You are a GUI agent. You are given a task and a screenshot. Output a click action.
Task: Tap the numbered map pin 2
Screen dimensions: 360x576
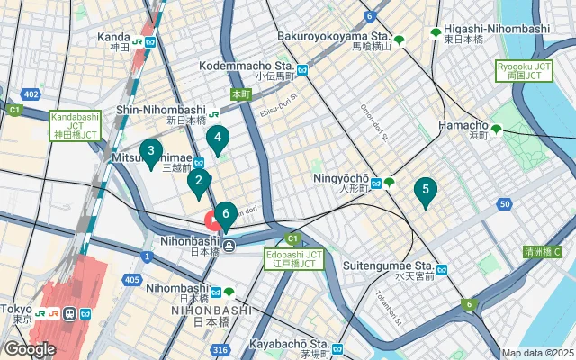[x=198, y=183]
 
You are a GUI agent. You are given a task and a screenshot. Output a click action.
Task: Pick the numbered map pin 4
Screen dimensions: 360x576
[x=217, y=139]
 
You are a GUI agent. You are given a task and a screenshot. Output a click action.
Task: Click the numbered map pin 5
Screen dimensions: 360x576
[x=425, y=191]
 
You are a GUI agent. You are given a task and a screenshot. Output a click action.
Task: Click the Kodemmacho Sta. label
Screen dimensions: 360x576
[x=259, y=67]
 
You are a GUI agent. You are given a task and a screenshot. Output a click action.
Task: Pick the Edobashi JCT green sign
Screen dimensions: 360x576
[x=293, y=259]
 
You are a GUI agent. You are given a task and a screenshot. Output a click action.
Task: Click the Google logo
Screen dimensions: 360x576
[x=30, y=349]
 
